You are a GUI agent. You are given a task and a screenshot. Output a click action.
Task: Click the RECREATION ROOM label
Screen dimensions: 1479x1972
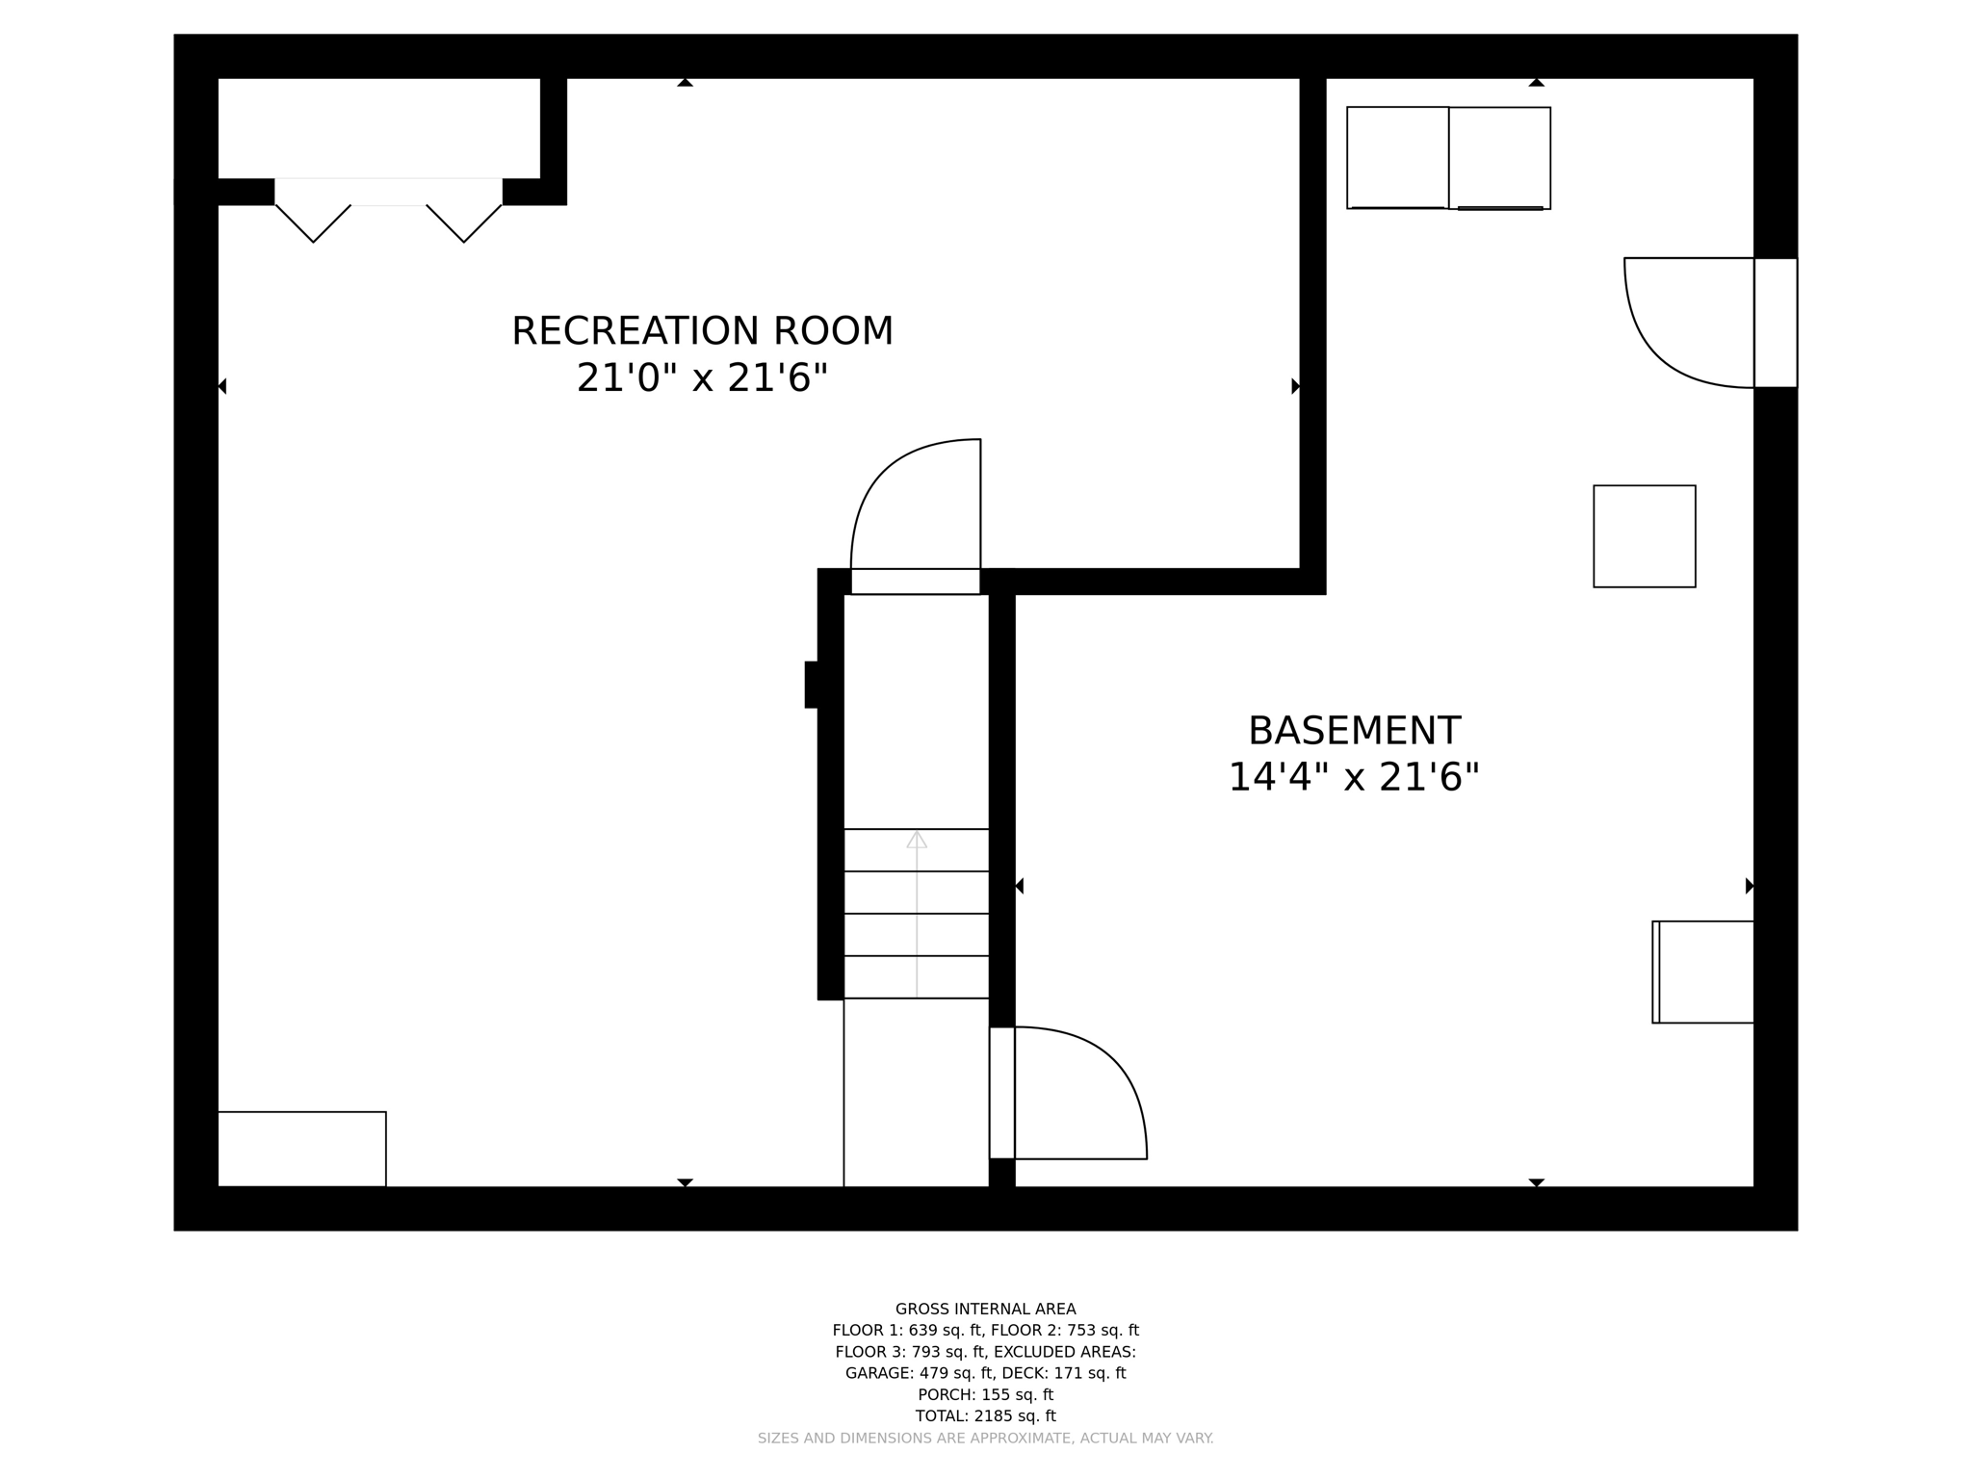coord(702,331)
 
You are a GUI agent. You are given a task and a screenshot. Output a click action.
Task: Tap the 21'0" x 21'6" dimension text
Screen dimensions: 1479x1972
coord(702,377)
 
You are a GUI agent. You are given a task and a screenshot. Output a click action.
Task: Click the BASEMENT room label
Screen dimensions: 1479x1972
coord(1354,731)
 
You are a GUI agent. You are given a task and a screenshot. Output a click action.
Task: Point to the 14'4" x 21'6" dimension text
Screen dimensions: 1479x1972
coord(1353,777)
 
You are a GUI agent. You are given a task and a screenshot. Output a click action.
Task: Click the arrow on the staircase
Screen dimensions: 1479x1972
coord(917,841)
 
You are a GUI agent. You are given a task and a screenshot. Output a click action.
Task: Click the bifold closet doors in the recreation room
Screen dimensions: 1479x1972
coord(388,212)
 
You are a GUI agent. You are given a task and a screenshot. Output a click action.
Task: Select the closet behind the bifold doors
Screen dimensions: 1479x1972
coord(378,128)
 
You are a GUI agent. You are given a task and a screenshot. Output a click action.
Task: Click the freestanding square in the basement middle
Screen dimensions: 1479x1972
coord(1644,536)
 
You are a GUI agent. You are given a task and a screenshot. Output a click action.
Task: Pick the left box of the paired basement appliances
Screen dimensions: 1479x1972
coord(1397,157)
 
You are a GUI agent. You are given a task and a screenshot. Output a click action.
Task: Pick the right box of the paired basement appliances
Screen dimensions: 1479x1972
coord(1499,157)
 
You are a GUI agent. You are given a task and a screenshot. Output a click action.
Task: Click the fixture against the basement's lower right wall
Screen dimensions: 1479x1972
coord(1702,972)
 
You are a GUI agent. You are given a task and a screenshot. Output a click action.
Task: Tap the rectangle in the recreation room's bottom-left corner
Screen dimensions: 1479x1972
coord(301,1149)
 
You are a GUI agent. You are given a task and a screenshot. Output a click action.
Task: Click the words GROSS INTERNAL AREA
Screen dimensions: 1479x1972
coord(985,1309)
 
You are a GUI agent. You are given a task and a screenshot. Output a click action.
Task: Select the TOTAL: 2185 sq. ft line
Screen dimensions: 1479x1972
coord(985,1415)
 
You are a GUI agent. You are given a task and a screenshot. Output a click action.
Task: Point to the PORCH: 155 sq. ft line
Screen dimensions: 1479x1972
coord(985,1394)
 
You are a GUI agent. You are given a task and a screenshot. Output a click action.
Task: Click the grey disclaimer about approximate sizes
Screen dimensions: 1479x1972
coord(985,1438)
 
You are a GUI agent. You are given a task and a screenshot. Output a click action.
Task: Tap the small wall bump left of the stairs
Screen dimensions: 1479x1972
coord(812,685)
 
